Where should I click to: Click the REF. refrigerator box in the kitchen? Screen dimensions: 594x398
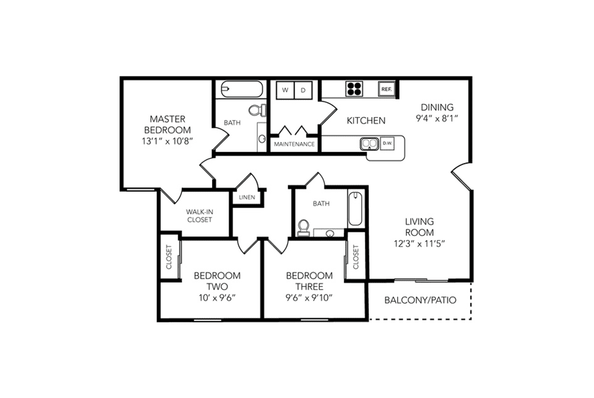(x=387, y=89)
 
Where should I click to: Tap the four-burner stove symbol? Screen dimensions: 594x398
(x=354, y=89)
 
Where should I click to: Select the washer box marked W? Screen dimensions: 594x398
(x=285, y=90)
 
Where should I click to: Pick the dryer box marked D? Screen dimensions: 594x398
(x=303, y=90)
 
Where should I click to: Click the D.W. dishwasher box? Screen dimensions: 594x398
(x=387, y=143)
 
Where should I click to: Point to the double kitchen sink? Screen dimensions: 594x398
(x=369, y=144)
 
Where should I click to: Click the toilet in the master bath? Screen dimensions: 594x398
(x=258, y=110)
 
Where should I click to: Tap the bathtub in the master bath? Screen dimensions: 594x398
(x=242, y=89)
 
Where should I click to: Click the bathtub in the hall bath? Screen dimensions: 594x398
(x=355, y=209)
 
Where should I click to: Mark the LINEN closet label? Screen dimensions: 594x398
(x=247, y=197)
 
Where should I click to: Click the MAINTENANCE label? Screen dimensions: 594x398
(x=295, y=144)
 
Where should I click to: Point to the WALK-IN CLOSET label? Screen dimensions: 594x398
(x=200, y=216)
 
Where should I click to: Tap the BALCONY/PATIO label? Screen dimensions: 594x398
(x=420, y=301)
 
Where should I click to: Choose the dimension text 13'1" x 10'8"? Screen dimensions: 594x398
(x=168, y=141)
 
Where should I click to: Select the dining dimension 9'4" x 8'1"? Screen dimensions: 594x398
(x=437, y=118)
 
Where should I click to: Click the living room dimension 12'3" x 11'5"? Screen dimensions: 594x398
(x=419, y=244)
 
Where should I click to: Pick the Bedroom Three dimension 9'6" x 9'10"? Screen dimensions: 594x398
(x=309, y=298)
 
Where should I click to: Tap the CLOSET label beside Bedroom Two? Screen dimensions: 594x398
(x=169, y=257)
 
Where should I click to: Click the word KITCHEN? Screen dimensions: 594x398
(x=366, y=121)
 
